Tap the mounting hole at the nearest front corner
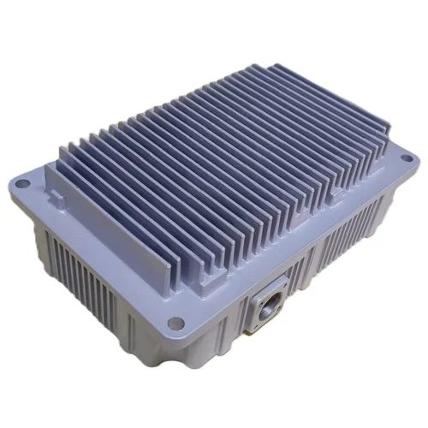click(x=176, y=323)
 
